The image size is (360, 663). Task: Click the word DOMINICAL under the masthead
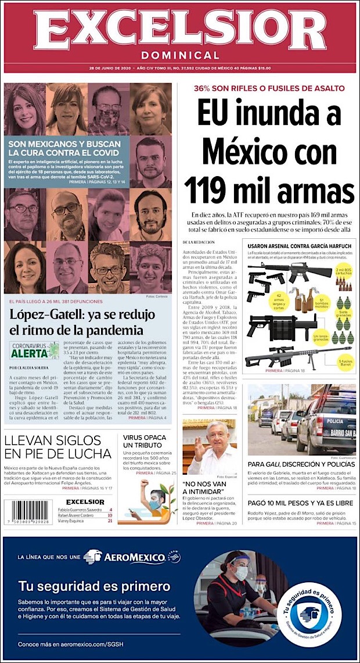pyautogui.click(x=179, y=56)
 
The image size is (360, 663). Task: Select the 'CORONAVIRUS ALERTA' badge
pyautogui.click(x=35, y=349)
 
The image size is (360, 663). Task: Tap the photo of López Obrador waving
pyautogui.click(x=210, y=447)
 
